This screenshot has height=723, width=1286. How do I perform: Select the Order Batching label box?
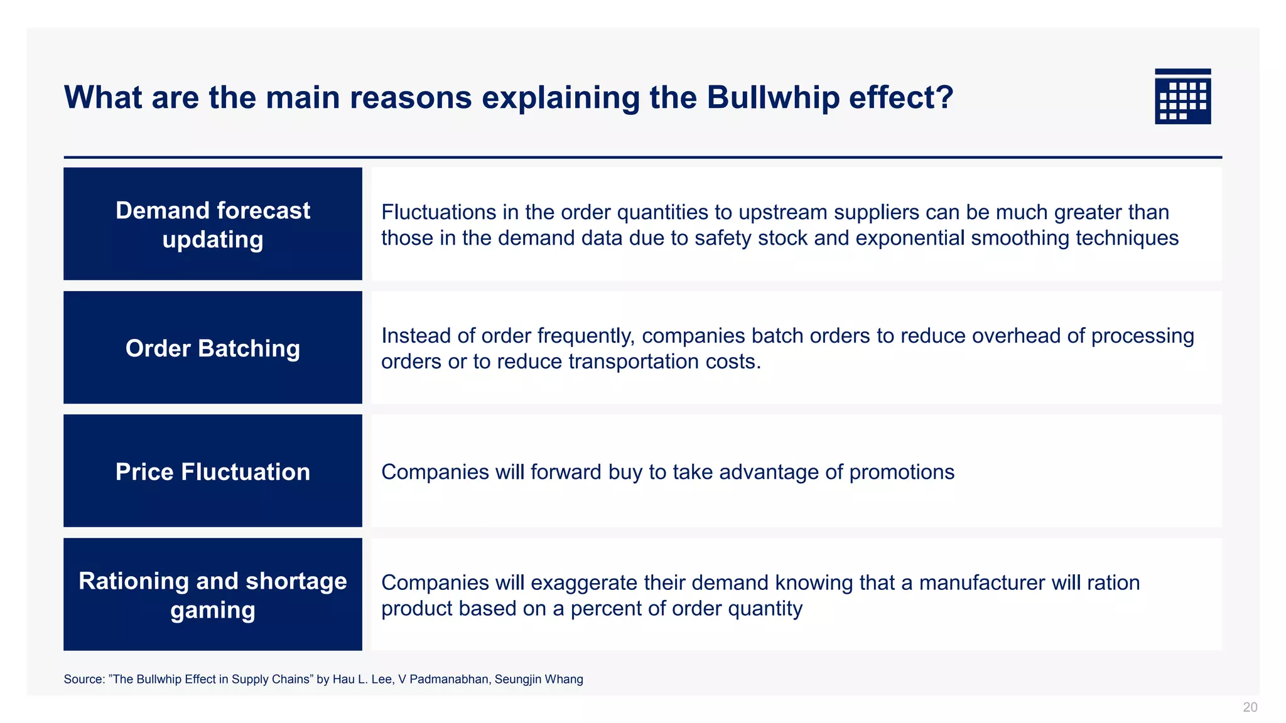(x=212, y=348)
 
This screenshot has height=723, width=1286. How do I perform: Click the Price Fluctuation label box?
(x=212, y=471)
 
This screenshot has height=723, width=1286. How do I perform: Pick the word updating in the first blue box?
(x=212, y=240)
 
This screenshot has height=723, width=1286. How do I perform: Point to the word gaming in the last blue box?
(x=212, y=610)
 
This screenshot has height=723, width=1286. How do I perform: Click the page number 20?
(x=1250, y=707)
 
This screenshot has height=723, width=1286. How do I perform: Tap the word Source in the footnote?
(x=83, y=679)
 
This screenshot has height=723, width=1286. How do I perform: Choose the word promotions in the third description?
(x=901, y=472)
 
